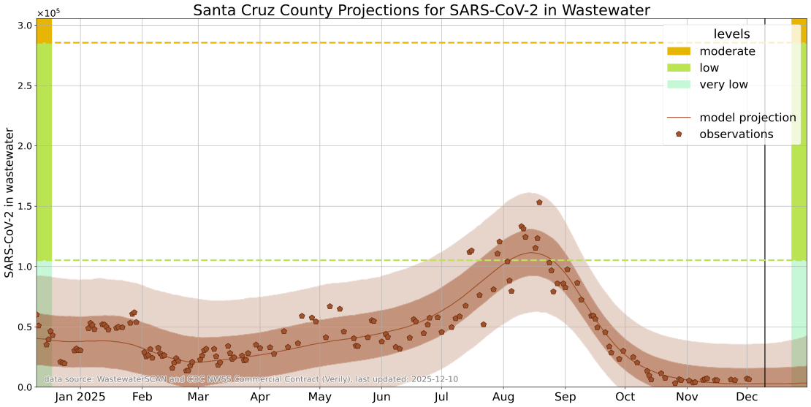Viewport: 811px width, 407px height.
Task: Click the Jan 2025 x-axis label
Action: coord(80,397)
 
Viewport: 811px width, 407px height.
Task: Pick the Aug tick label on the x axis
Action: coord(503,397)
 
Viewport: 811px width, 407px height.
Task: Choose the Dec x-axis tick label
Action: coord(747,397)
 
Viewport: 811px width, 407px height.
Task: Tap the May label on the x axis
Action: coord(319,397)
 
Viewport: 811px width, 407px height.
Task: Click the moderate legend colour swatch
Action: coord(679,51)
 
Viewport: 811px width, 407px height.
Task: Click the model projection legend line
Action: coord(679,118)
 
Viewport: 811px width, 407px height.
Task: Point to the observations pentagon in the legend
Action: coord(679,134)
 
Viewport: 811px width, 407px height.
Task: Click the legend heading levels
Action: coord(731,34)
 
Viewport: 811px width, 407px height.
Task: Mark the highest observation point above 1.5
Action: coord(539,202)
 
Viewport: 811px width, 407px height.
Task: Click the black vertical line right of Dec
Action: coord(765,219)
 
